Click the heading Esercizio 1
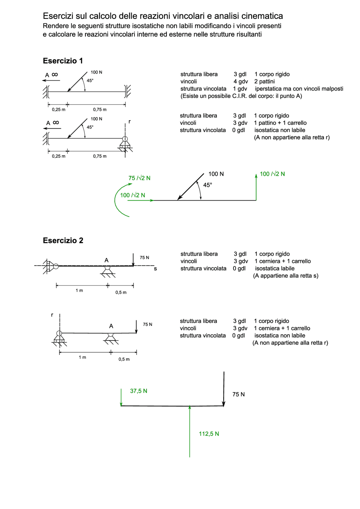tap(63, 61)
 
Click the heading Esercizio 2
tap(63, 241)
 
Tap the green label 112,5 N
tap(209, 434)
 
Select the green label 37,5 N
tap(139, 391)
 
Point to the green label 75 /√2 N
tap(139, 178)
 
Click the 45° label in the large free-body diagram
tap(208, 185)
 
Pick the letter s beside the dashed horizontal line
tap(155, 269)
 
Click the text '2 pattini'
tap(264, 82)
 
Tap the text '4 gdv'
tap(240, 82)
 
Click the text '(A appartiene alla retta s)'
tap(286, 276)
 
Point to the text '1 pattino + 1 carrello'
tap(280, 123)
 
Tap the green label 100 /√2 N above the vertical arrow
tap(272, 174)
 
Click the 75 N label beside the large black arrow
tap(238, 394)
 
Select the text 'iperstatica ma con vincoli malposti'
tap(299, 89)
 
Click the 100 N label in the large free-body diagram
tap(216, 174)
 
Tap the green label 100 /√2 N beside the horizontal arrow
tap(132, 195)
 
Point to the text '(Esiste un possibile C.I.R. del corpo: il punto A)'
tap(241, 96)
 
